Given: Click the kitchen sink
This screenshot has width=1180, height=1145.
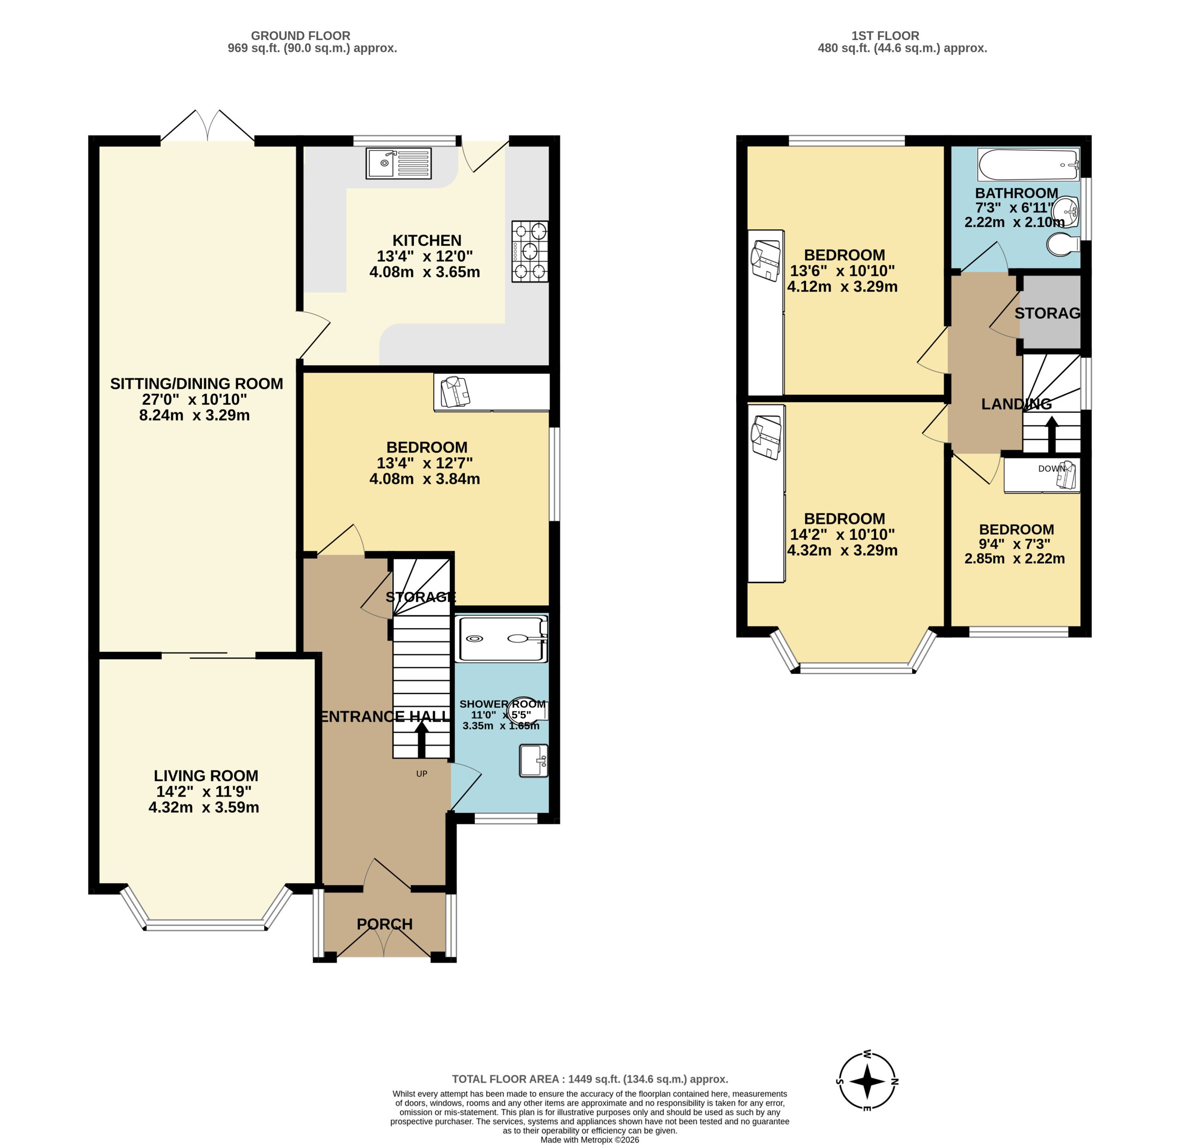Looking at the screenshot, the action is point(399,163).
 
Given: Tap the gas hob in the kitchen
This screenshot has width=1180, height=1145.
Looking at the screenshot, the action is point(530,251).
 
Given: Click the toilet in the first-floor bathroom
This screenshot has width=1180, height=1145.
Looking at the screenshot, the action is point(1064,245).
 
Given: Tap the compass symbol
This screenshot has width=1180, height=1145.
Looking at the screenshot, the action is point(867,1082).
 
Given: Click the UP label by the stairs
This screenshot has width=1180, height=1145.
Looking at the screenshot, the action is point(421,774).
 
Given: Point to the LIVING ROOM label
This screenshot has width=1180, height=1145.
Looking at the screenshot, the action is point(206,776).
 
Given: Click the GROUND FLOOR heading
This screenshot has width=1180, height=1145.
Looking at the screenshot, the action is point(301,35).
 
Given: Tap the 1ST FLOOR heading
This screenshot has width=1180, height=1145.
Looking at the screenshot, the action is point(885,35).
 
